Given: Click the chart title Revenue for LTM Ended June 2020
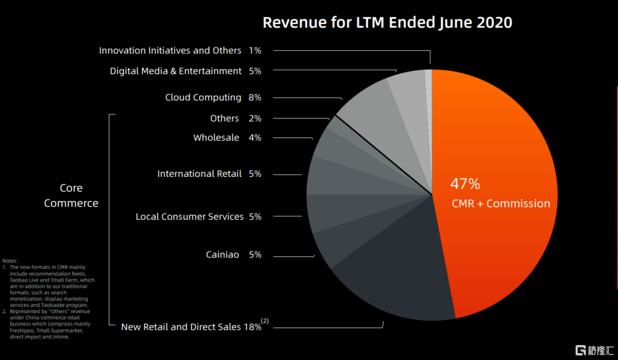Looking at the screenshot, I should point(387,23).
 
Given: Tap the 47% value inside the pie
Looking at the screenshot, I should point(465,184).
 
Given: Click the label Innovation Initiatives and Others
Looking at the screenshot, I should point(170,50).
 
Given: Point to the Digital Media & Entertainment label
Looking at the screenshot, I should point(176,71).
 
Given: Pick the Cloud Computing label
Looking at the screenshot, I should point(203,97).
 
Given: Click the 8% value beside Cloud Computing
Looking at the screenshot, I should point(255,97).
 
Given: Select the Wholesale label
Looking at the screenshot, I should point(216,137).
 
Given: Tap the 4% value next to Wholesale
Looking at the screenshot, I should point(255,137).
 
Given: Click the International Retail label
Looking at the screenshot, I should point(200,173).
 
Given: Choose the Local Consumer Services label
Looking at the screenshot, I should point(189,216).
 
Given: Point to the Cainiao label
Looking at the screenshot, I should point(223,254).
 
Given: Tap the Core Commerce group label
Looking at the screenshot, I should point(71,195).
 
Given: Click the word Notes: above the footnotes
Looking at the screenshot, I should point(10,261).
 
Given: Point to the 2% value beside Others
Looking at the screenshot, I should point(255,118).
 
